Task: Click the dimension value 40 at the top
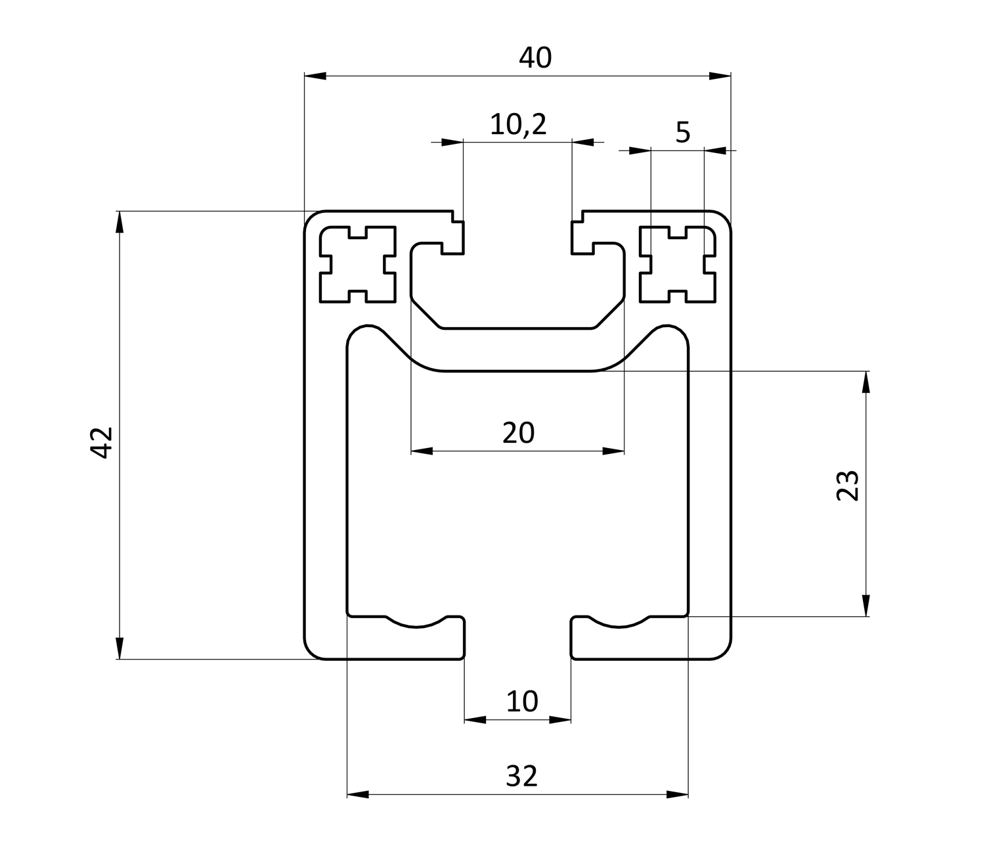[x=535, y=58]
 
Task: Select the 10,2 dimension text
[x=518, y=124]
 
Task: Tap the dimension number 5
[x=683, y=133]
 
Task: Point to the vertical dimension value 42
[x=102, y=442]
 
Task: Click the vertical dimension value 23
[x=848, y=485]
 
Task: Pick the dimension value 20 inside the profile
[x=518, y=433]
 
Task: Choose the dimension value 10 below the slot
[x=522, y=702]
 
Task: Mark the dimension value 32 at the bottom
[x=522, y=776]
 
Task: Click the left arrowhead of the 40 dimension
[x=315, y=76]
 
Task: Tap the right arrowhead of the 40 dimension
[x=720, y=76]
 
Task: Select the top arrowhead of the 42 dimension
[x=119, y=221]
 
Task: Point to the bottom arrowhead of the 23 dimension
[x=866, y=605]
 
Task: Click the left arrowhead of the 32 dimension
[x=357, y=795]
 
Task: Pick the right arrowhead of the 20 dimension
[x=613, y=451]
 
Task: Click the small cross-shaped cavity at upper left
[x=358, y=264]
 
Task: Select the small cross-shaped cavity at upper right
[x=678, y=264]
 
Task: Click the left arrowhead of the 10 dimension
[x=475, y=720]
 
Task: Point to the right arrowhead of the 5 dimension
[x=715, y=150]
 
